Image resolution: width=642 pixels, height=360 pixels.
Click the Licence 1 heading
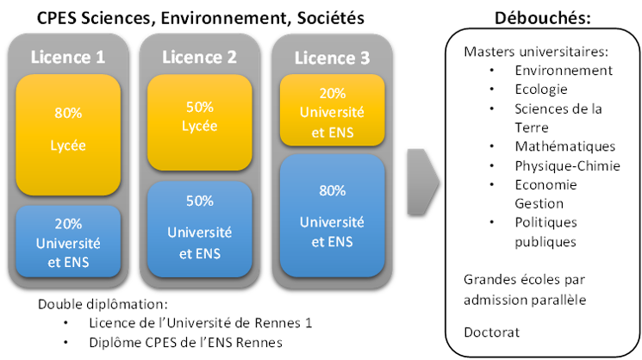point(68,57)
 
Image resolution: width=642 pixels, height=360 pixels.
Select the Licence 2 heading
point(199,57)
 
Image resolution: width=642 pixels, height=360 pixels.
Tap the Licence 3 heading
point(332,58)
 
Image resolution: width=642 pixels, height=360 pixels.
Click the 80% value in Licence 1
point(68,112)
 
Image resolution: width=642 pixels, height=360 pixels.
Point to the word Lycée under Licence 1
point(68,146)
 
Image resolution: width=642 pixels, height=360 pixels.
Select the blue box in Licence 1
point(68,241)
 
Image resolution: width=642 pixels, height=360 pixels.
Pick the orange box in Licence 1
point(68,134)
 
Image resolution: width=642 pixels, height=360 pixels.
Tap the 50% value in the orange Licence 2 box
point(200,108)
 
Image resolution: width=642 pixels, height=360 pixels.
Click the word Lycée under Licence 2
point(200,127)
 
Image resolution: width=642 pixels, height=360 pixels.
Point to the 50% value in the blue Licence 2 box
point(200,201)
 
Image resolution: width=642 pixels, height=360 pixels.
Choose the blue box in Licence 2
point(200,228)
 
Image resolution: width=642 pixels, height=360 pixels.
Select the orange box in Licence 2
point(200,121)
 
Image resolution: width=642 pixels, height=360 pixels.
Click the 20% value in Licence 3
point(332,93)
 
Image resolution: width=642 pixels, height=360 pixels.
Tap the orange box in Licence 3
point(332,110)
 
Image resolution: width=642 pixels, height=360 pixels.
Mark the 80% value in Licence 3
point(332,190)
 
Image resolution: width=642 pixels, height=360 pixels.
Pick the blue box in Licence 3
point(332,215)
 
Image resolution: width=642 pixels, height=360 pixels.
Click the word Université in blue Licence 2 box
point(200,232)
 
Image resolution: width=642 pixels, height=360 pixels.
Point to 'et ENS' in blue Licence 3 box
point(332,242)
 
